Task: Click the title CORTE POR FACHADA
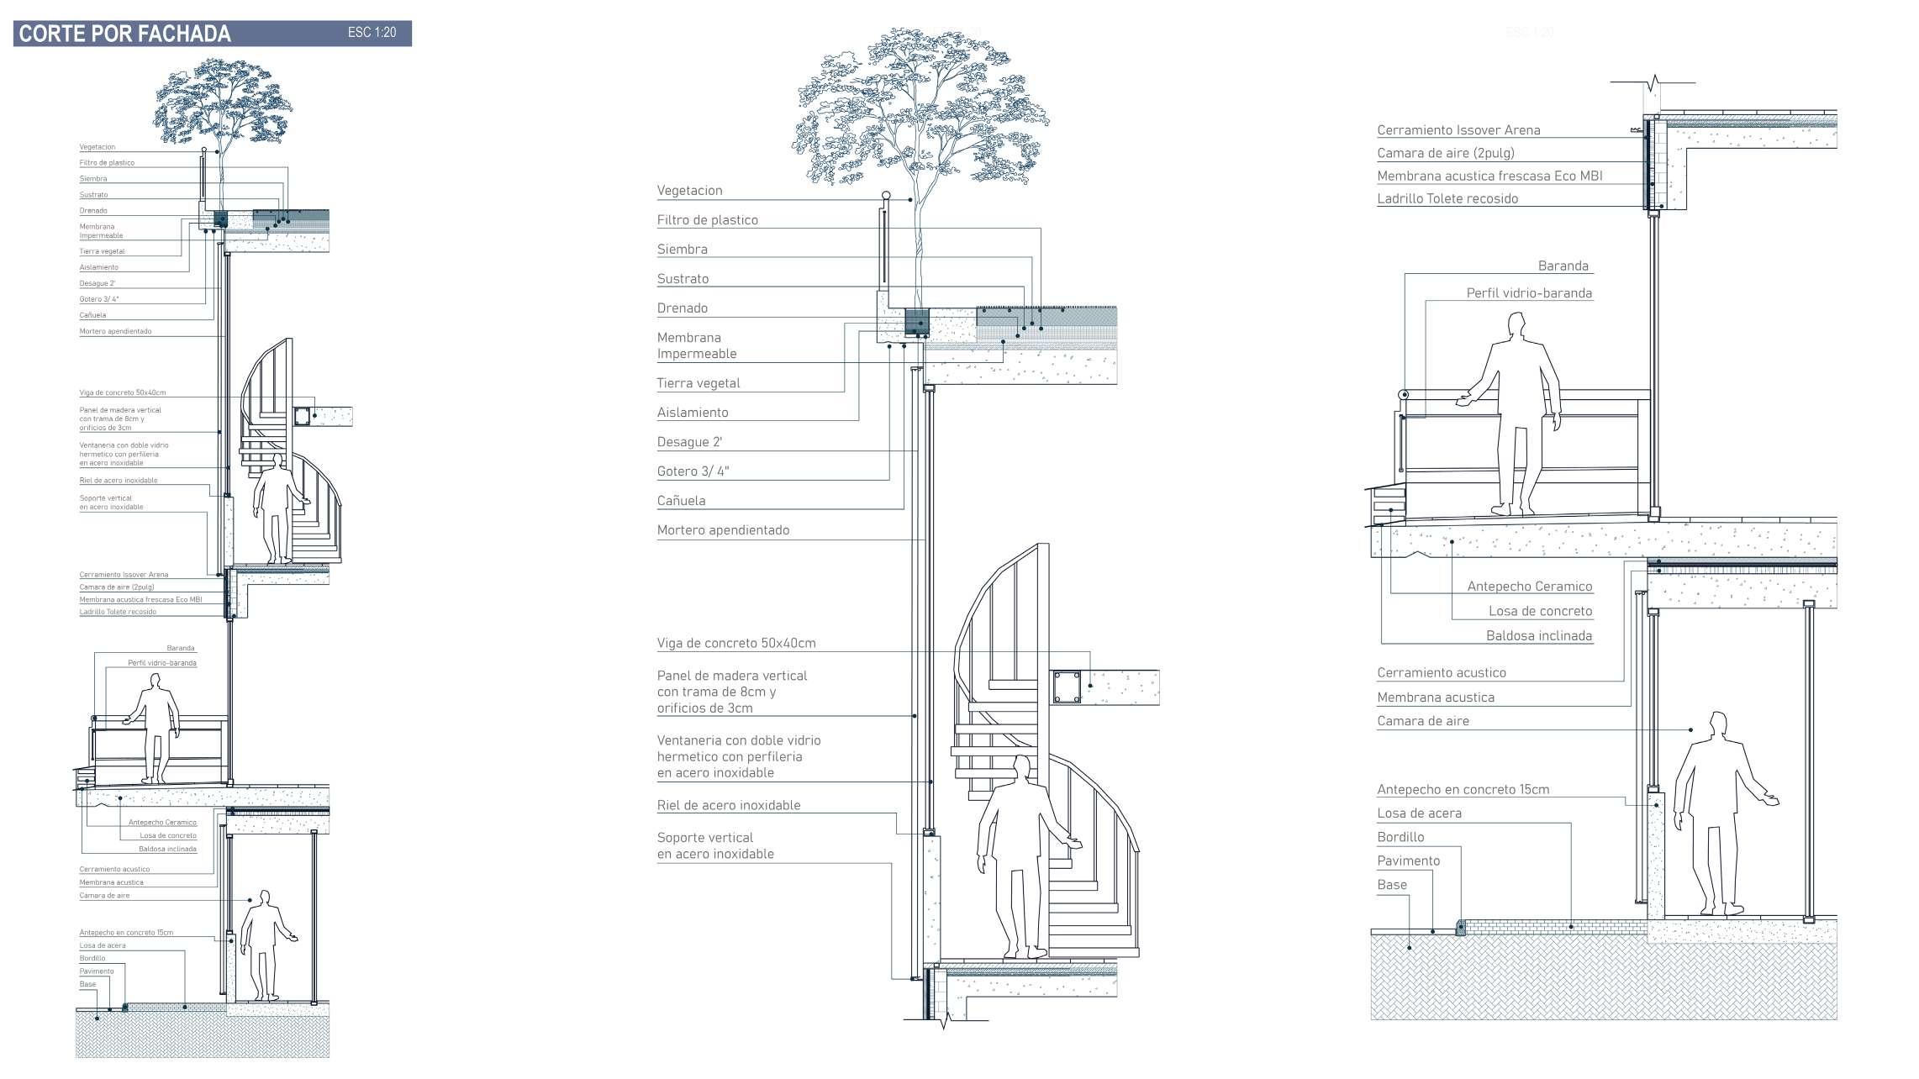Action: [x=124, y=34]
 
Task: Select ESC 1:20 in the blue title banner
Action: [x=372, y=33]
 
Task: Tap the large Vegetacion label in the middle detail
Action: [x=689, y=191]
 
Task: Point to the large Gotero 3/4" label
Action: [x=693, y=471]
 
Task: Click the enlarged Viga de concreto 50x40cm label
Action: [x=736, y=644]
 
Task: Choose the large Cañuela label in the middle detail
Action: [x=681, y=501]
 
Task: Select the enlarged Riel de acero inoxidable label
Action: [x=729, y=805]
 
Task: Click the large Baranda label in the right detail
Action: [x=1563, y=266]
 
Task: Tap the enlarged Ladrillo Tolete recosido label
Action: [x=1447, y=199]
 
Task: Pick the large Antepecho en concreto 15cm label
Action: [x=1463, y=790]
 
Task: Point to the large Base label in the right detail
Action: [x=1391, y=885]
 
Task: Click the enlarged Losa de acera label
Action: [x=1419, y=813]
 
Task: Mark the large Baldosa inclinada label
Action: [x=1539, y=636]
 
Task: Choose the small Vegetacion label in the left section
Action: [x=98, y=147]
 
